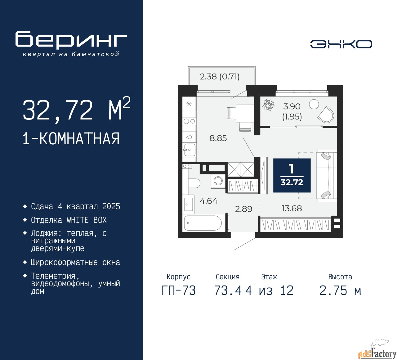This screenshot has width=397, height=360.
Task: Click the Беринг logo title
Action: coord(71,40)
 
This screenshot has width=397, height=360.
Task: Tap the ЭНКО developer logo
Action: coord(341,44)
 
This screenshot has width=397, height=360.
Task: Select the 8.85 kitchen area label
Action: coord(218,138)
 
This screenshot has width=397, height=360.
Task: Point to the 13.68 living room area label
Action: coord(292,208)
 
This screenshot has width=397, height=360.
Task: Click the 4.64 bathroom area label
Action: coord(209,201)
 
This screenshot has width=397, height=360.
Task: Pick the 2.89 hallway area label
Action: coord(243,209)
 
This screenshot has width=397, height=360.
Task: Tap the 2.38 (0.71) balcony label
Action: coord(220,76)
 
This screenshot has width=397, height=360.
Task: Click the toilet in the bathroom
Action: coord(194,183)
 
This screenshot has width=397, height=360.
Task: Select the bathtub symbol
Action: coord(203,223)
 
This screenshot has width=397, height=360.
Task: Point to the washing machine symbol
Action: coord(218,181)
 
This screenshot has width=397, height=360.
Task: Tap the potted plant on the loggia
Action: coord(268,105)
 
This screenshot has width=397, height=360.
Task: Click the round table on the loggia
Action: coord(314,104)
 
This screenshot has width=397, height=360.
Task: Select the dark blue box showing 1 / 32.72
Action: coord(292,175)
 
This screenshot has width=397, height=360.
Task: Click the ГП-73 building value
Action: coord(179,290)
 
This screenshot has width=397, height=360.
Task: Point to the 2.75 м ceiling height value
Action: coord(340,290)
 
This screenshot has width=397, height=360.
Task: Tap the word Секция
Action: coord(228,277)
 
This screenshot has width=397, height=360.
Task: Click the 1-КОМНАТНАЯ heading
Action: coord(71,139)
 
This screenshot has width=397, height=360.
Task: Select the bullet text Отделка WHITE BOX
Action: coord(69,220)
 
